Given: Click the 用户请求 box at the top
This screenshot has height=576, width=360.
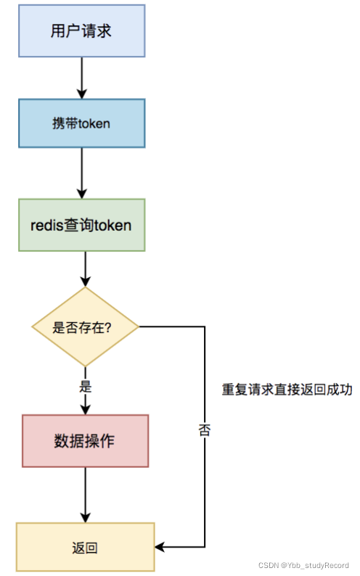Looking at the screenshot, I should coord(81,30).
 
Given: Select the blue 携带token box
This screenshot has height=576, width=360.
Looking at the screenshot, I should coord(81,123).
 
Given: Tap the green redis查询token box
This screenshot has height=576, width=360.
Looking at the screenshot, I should coord(81,225).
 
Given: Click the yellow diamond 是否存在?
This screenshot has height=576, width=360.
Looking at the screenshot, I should coord(86,326).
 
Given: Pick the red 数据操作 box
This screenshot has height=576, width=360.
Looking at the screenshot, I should coord(85,441).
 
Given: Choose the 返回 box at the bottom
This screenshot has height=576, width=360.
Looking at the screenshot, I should coord(85,547).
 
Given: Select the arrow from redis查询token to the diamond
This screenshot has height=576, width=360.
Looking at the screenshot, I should coord(85,269).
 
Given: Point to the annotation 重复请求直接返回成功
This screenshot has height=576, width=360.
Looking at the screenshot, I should coord(287,390).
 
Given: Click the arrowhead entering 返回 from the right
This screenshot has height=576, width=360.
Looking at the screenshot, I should coord(161,547).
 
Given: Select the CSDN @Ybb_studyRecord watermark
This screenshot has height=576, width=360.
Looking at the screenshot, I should coord(305,565).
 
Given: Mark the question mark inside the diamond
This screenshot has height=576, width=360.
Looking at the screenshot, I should coord(107,326).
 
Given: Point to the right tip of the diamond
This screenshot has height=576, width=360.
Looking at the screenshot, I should coord(138,326).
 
